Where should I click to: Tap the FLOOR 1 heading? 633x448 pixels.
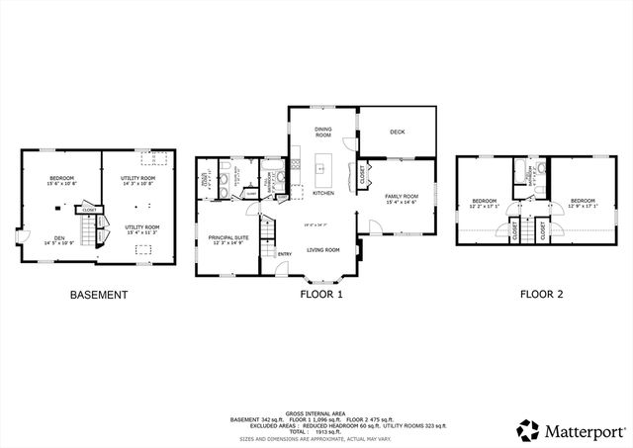(321, 295)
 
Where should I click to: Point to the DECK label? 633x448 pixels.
(397, 132)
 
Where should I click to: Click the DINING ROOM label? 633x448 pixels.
(322, 131)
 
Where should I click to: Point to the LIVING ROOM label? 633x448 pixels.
(321, 251)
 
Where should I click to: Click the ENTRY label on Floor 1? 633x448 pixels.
(284, 254)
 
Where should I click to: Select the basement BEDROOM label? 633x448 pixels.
(61, 180)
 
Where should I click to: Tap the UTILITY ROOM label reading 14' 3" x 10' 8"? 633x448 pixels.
(138, 180)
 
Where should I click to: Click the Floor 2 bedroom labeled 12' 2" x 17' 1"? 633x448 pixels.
(484, 203)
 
